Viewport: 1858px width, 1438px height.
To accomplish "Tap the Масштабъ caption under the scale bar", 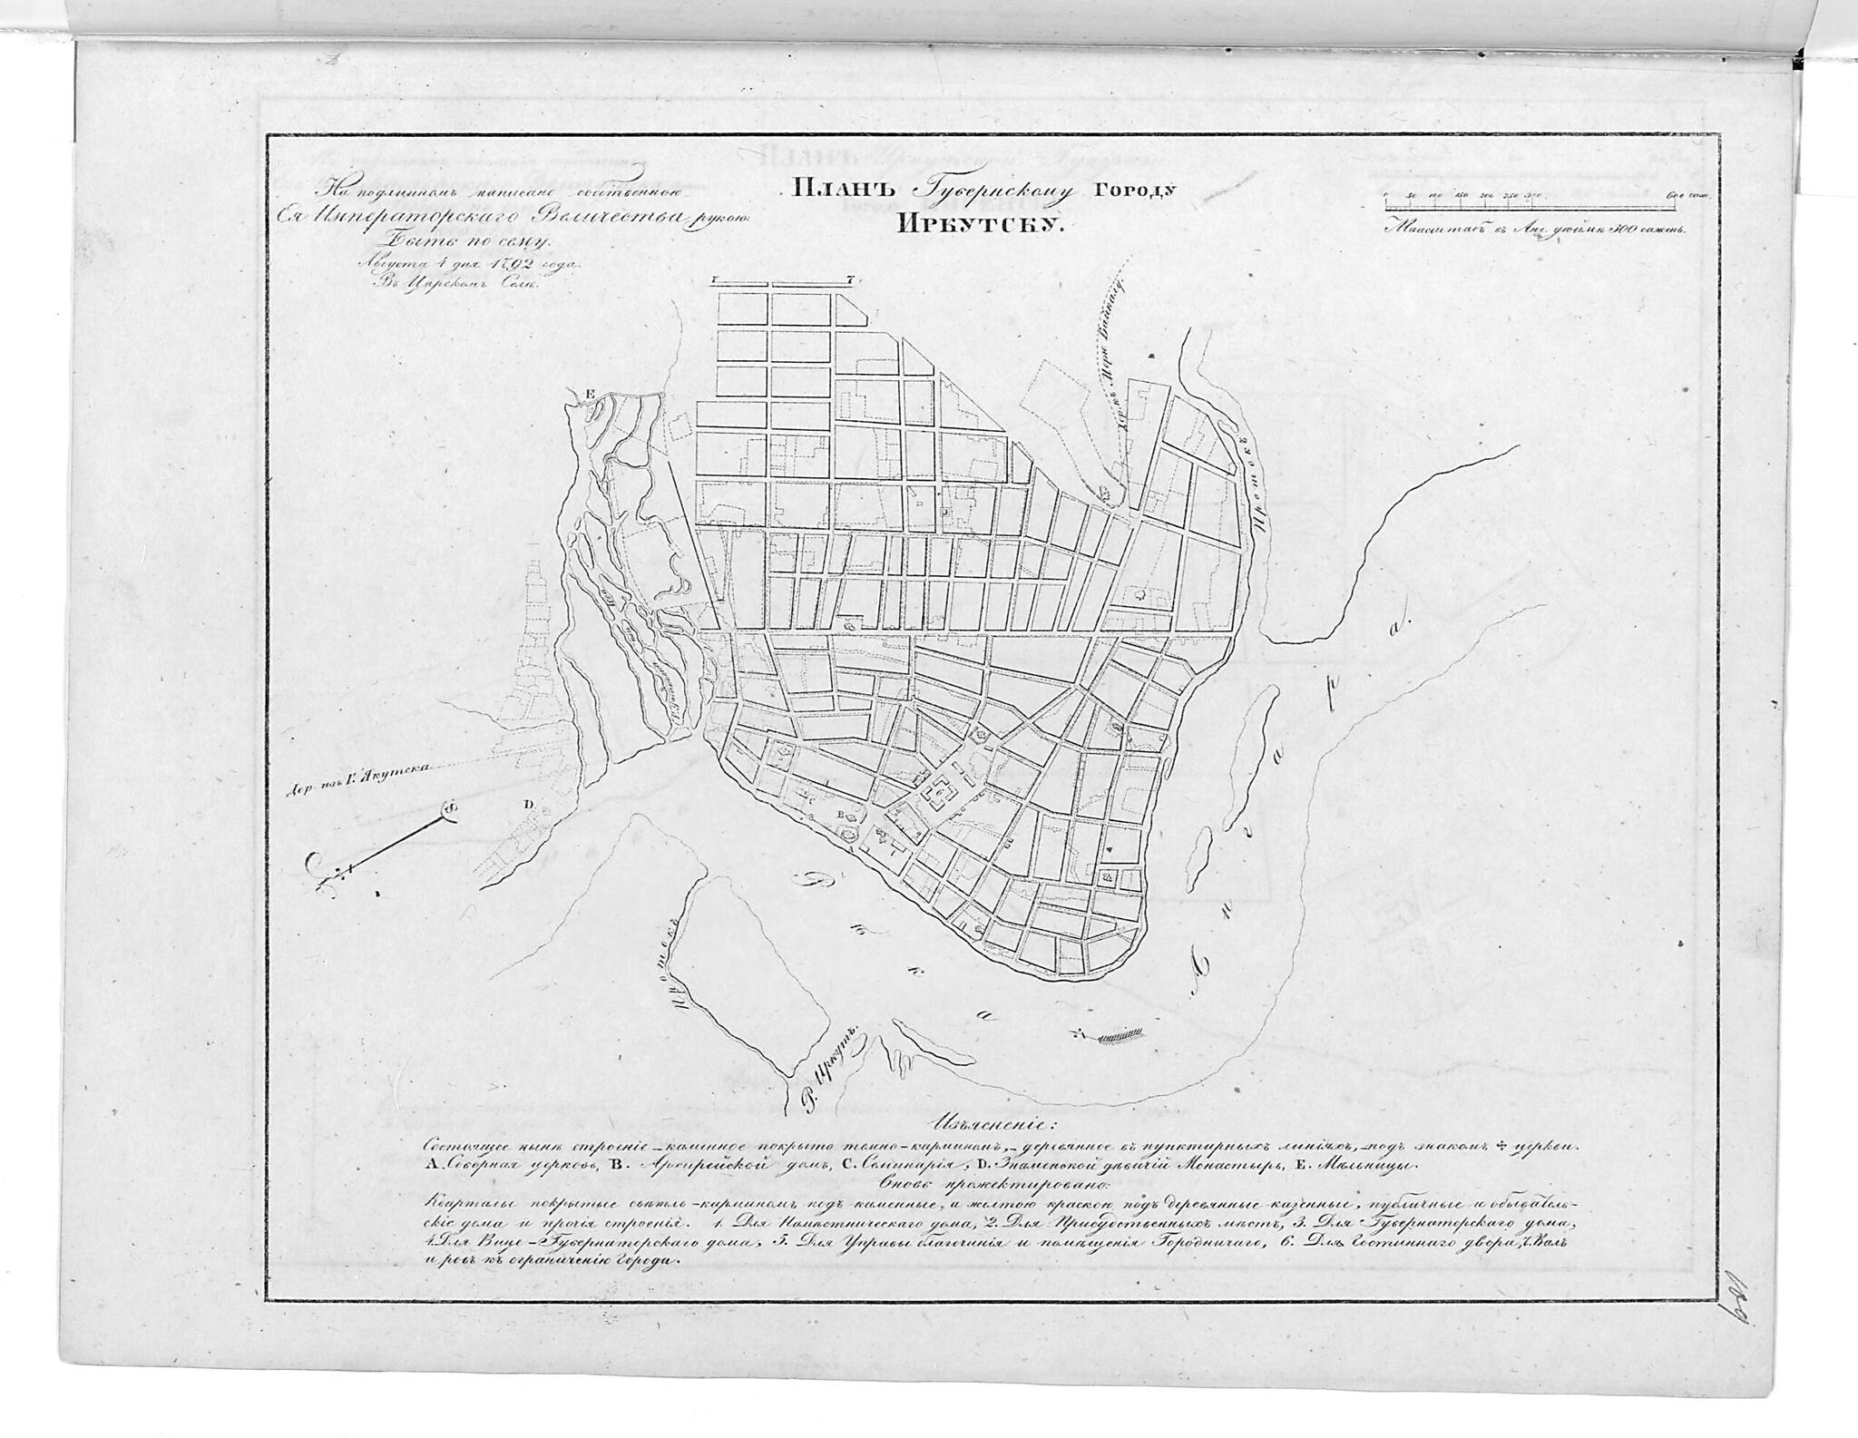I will click(1422, 229).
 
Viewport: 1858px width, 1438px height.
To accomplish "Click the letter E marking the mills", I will click(591, 394).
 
